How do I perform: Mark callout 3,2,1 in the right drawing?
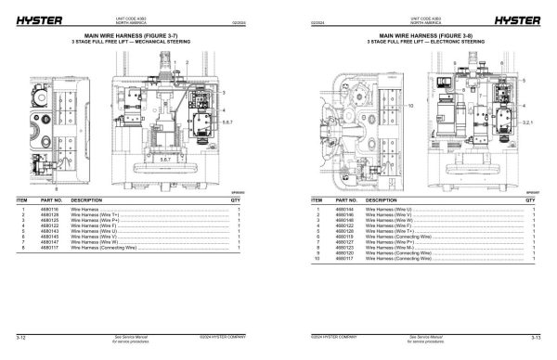pyautogui.click(x=530, y=122)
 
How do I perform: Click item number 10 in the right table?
pyautogui.click(x=317, y=260)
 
